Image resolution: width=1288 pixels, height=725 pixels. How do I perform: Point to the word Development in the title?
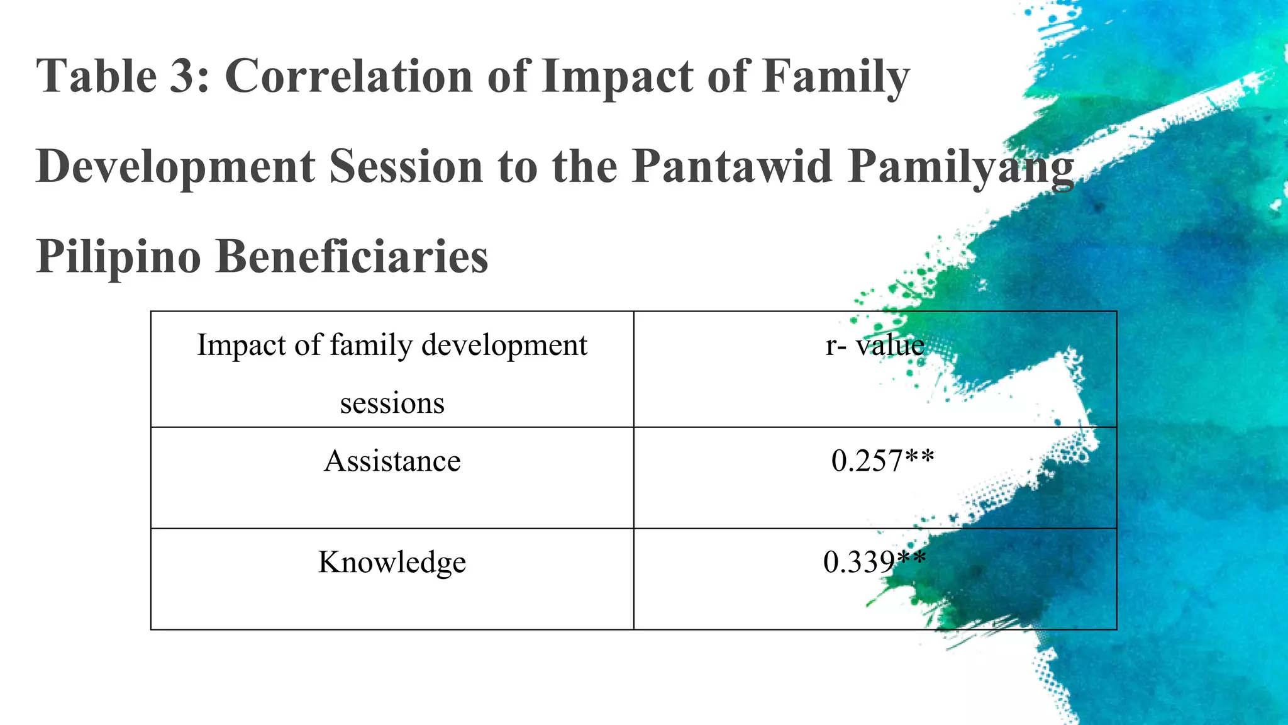(x=175, y=167)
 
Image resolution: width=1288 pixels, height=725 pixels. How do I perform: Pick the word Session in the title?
(x=406, y=166)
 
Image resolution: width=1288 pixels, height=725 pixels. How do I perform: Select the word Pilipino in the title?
(x=118, y=257)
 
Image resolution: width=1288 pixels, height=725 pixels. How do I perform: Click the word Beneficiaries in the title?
(x=352, y=256)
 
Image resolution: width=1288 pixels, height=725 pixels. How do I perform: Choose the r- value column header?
(x=875, y=345)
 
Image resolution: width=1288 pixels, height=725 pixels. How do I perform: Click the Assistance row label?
(x=392, y=461)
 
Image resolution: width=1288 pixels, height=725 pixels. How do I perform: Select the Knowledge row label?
(x=392, y=562)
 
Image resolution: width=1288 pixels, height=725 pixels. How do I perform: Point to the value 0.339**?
(x=874, y=561)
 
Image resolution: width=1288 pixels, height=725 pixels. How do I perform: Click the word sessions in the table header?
(x=392, y=403)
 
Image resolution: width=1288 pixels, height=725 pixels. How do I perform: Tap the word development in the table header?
(x=504, y=346)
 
